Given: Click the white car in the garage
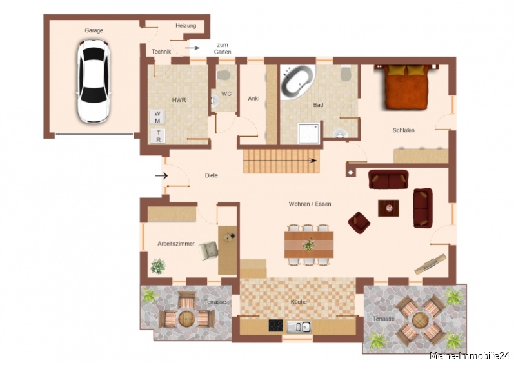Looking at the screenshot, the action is (94, 81).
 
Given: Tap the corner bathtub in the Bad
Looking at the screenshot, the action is (297, 79).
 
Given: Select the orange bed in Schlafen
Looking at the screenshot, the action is (406, 87).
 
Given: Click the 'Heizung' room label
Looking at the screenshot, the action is (186, 26).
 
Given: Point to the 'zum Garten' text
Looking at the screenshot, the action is (223, 48).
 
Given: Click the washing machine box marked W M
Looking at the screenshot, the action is (157, 117).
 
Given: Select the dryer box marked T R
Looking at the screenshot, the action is (158, 135).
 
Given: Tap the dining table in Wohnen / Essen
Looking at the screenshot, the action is (309, 244).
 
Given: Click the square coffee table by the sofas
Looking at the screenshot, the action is (388, 208).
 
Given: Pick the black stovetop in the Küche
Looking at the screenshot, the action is (276, 326).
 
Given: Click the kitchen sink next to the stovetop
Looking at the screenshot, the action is (299, 326).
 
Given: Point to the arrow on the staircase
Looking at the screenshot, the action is (280, 161).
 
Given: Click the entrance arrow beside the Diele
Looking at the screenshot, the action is (161, 176).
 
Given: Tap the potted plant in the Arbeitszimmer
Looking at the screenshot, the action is (158, 266).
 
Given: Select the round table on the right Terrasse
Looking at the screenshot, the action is (420, 319).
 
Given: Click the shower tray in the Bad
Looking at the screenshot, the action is (309, 133).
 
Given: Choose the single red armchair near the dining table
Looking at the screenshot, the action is (359, 223).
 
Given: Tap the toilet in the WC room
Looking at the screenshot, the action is (223, 74).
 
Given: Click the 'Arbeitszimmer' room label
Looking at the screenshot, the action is (175, 244).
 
